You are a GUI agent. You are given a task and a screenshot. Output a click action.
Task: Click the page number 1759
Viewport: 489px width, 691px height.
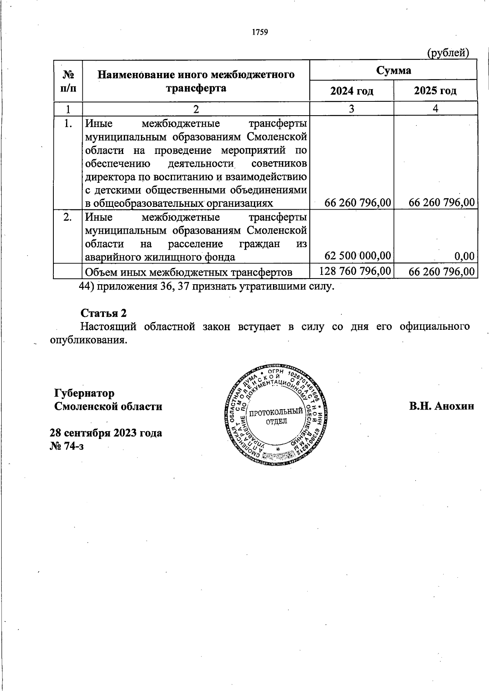click(260, 32)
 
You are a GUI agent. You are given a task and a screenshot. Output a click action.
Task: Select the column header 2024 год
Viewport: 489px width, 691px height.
click(352, 91)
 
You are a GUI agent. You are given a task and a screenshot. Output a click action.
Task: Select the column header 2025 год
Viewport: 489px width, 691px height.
click(435, 91)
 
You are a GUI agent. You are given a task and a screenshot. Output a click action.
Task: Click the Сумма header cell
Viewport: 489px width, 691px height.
click(393, 70)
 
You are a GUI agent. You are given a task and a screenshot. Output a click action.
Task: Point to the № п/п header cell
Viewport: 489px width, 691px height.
click(68, 81)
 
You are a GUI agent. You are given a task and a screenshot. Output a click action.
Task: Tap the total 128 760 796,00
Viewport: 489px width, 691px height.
click(355, 271)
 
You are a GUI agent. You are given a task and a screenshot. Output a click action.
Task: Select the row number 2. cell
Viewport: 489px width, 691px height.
click(68, 217)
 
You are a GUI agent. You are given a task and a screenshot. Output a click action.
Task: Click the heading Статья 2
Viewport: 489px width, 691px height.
click(104, 313)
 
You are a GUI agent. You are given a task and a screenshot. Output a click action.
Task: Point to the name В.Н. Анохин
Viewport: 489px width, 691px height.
click(442, 406)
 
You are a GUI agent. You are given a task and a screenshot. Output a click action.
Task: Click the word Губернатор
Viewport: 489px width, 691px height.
click(84, 393)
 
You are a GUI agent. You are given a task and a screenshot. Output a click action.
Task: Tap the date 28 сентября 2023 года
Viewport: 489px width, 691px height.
click(106, 432)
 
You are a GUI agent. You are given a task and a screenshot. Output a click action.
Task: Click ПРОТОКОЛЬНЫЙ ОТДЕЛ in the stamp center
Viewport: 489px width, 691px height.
click(276, 417)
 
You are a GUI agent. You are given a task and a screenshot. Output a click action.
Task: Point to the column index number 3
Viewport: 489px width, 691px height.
click(351, 109)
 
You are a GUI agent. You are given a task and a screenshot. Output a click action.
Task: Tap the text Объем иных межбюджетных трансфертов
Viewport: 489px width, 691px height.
click(188, 272)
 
